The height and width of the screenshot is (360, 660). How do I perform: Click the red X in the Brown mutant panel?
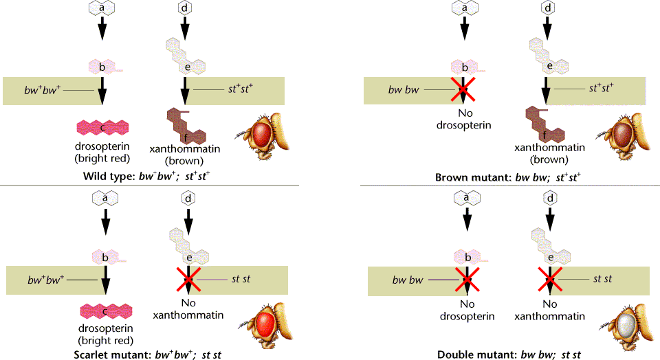465,89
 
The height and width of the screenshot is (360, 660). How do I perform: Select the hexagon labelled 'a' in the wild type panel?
102,9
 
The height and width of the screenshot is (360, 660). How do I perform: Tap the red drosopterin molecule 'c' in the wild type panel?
104,127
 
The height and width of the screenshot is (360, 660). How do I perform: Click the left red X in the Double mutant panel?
466,280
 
